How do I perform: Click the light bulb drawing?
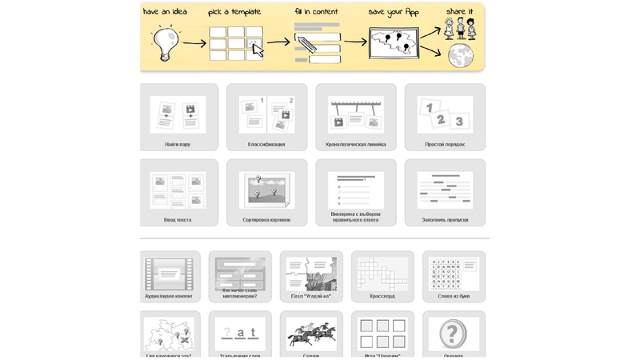(x=165, y=42)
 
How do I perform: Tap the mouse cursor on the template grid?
(x=258, y=50)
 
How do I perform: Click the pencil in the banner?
(x=307, y=42)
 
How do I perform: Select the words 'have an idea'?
(x=165, y=12)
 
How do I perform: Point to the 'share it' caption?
(x=459, y=11)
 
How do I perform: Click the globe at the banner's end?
(x=460, y=55)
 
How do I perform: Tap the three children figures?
(x=460, y=29)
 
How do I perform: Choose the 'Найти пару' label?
(x=178, y=145)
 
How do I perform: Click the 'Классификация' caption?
(x=266, y=145)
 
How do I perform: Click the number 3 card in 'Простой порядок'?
(x=458, y=122)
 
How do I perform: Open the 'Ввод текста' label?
(x=178, y=220)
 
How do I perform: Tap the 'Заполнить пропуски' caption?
(x=445, y=220)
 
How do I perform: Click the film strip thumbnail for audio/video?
(x=169, y=274)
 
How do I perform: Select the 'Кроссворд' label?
(x=382, y=296)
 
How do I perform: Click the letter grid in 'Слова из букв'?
(x=445, y=273)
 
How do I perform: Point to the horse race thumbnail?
(x=311, y=333)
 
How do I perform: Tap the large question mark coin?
(x=453, y=334)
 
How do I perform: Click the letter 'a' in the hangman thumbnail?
(x=240, y=332)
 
